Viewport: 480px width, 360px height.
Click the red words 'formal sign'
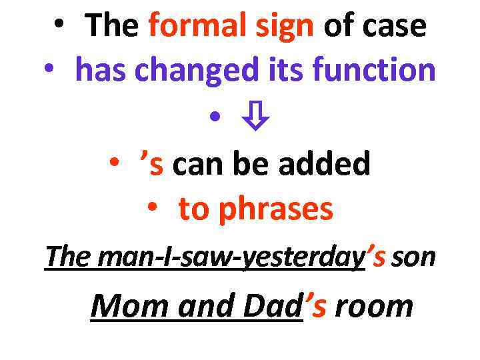(x=231, y=26)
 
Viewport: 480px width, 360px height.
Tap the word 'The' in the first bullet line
(x=112, y=26)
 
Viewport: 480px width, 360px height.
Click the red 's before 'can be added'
(x=152, y=163)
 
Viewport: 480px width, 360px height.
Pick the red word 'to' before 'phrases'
(x=193, y=209)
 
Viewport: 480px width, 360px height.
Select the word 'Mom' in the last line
(x=119, y=307)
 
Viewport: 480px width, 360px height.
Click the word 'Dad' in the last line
(x=273, y=307)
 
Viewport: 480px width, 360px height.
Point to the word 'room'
(x=373, y=307)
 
